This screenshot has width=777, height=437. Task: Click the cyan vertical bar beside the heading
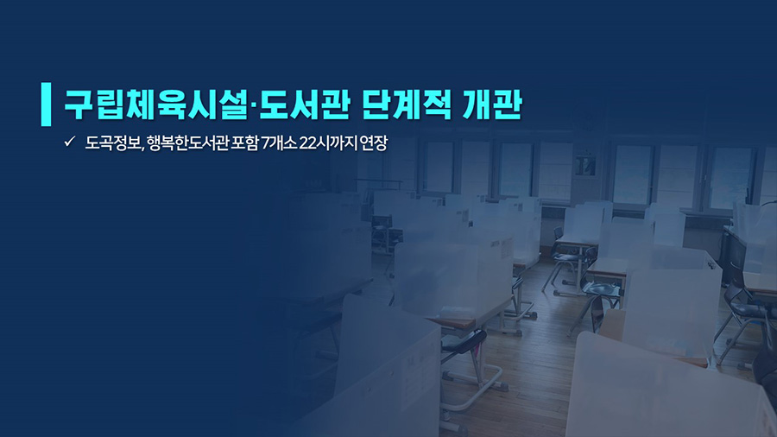coord(46,104)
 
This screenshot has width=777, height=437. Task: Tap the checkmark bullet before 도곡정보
coord(69,142)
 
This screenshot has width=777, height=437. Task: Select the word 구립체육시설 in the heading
coord(155,104)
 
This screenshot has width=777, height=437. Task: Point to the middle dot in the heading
coord(253,105)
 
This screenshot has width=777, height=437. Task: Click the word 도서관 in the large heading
coord(304,104)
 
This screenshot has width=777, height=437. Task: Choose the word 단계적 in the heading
coord(407,104)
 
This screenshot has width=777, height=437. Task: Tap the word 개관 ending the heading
coord(492,104)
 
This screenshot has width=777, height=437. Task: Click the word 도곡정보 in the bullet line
coord(112,143)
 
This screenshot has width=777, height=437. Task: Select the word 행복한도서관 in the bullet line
coord(188,143)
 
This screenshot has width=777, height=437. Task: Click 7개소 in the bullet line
coord(279,143)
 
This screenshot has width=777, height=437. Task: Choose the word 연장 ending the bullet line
coord(374,143)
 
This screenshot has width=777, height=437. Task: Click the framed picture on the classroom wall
coord(585,166)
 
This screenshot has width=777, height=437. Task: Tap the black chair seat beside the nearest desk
coord(464,341)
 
